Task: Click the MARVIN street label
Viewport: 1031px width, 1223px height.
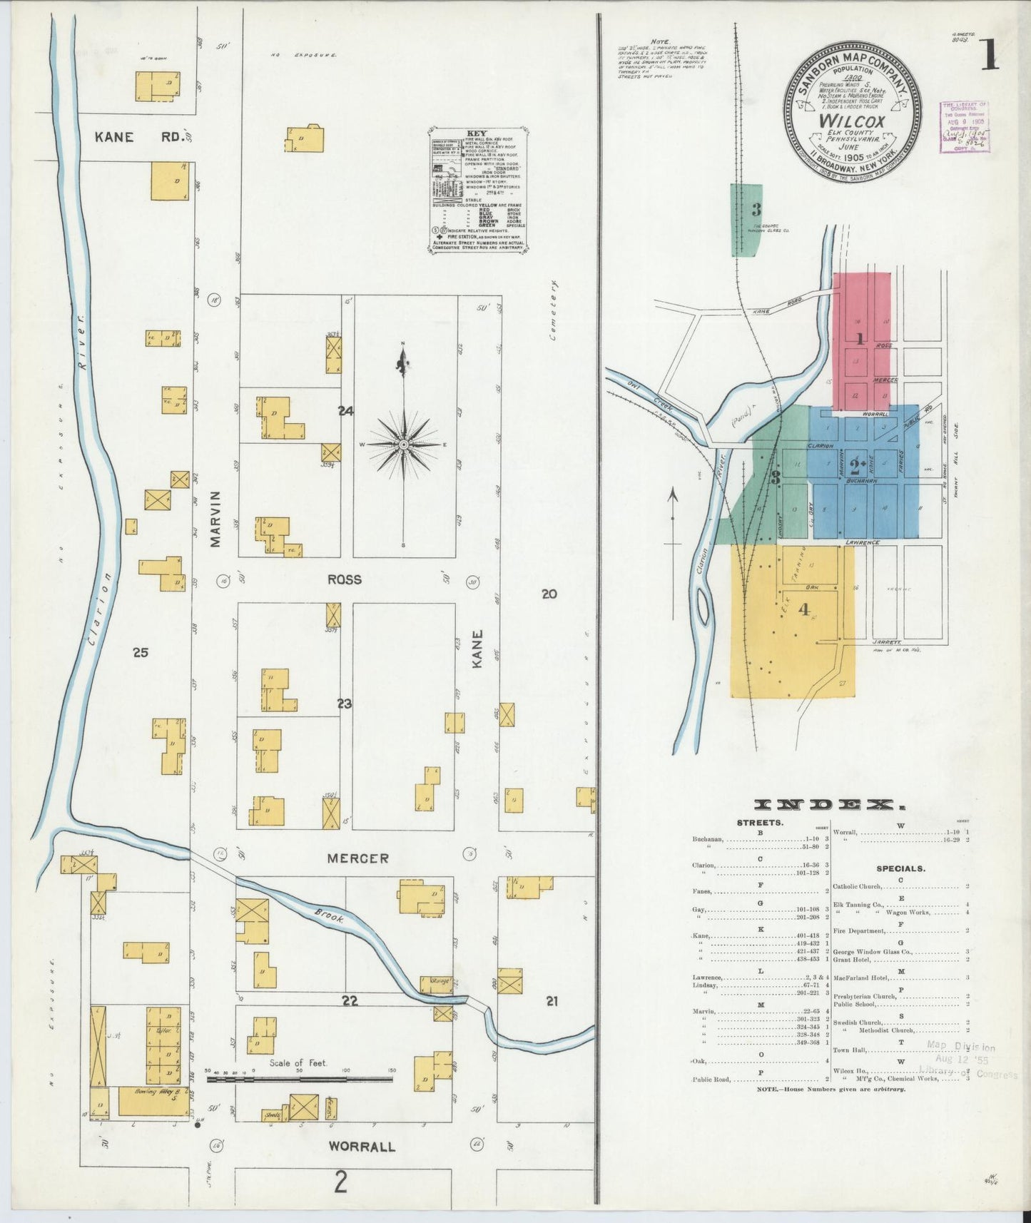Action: [215, 519]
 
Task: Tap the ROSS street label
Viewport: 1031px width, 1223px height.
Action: [345, 579]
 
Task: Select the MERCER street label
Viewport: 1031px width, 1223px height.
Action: [358, 858]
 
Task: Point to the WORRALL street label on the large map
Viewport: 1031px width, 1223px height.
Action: [362, 1147]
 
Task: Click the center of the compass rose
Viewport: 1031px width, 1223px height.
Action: [404, 445]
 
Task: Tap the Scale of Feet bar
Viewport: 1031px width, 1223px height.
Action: [300, 1079]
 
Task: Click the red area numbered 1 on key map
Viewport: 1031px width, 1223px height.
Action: [861, 340]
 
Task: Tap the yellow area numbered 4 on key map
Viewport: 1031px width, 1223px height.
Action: [804, 610]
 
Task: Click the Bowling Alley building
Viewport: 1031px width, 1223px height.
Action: [153, 1100]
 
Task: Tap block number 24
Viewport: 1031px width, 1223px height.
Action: [346, 410]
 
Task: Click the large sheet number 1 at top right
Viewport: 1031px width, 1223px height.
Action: [989, 56]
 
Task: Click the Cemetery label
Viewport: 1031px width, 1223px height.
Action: [553, 310]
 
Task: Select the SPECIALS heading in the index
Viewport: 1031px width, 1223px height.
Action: [900, 868]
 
